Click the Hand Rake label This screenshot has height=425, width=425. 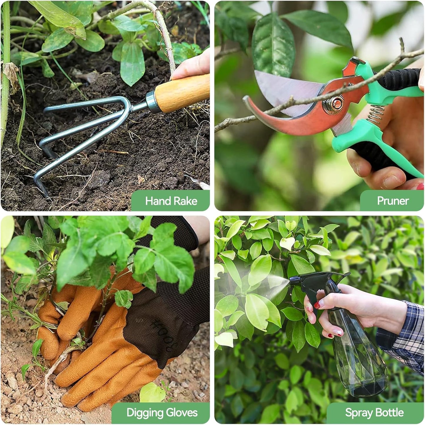pyautogui.click(x=171, y=201)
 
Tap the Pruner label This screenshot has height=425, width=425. pyautogui.click(x=393, y=201)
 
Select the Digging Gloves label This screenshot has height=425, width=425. pyautogui.click(x=162, y=413)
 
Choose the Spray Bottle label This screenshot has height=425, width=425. pyautogui.click(x=374, y=413)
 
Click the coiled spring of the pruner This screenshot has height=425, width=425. pyautogui.click(x=376, y=114)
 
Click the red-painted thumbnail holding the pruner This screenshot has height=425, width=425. pyautogui.click(x=421, y=186)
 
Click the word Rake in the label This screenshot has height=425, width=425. pyautogui.click(x=185, y=201)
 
